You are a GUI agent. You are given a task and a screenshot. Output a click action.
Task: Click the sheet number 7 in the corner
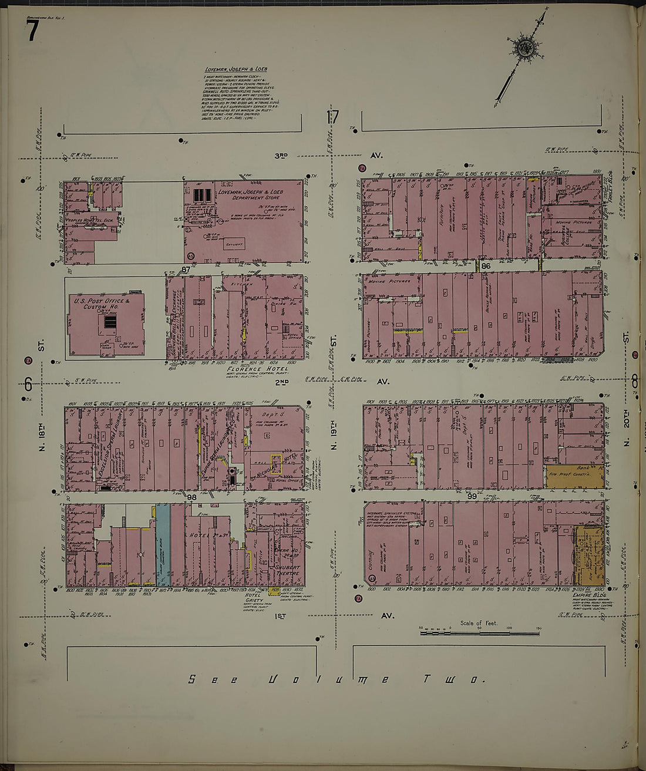pos(32,31)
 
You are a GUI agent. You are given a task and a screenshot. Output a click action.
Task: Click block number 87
pos(186,270)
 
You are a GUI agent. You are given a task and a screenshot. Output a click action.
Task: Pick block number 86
pos(485,266)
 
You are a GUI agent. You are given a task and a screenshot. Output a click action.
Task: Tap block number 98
pos(191,497)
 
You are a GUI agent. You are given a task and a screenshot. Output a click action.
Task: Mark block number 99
pos(471,496)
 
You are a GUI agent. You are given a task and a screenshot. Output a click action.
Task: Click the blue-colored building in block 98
pos(163,544)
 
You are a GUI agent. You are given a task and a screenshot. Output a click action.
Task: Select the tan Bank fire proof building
pos(574,477)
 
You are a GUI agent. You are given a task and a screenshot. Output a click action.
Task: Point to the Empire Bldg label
pos(588,595)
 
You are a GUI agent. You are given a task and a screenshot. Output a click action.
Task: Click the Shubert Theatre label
pos(287,570)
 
